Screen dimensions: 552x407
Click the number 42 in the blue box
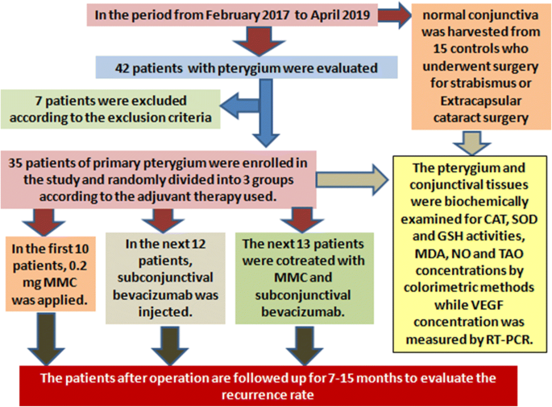click(x=122, y=68)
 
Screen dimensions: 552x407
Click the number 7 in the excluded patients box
click(x=39, y=101)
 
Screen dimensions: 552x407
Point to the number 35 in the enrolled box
click(x=15, y=163)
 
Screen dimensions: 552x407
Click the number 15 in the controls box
click(x=440, y=48)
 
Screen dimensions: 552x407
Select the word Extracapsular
click(x=481, y=101)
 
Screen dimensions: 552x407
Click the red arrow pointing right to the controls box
click(x=395, y=14)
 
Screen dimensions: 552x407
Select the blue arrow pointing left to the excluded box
click(x=239, y=105)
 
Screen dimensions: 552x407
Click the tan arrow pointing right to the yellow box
click(x=352, y=180)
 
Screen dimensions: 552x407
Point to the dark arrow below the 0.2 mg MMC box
click(x=46, y=339)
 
